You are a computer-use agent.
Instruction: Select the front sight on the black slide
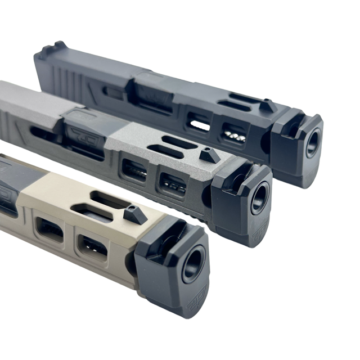coord(268,105)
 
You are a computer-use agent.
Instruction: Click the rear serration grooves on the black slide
coord(70,79)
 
